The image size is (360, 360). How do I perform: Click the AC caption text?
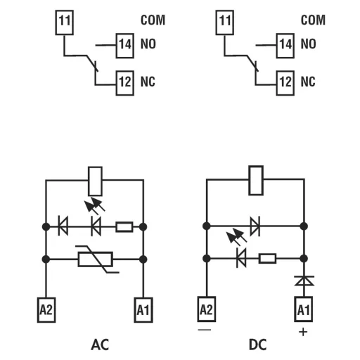coord(100,345)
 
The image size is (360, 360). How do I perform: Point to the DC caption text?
coord(257,345)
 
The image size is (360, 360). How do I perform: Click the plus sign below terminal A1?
coord(303,331)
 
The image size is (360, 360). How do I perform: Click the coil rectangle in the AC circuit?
coord(94,181)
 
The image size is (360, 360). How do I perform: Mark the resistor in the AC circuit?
coord(124,226)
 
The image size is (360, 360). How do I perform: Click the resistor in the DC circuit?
coord(267,259)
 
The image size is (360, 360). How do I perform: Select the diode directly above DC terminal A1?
coord(303,281)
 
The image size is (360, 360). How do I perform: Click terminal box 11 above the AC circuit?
coord(64,21)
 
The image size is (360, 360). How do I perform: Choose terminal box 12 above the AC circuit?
coord(124,82)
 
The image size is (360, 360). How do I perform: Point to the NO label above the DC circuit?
coord(308,44)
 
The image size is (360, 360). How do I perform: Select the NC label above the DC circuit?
coord(308,82)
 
